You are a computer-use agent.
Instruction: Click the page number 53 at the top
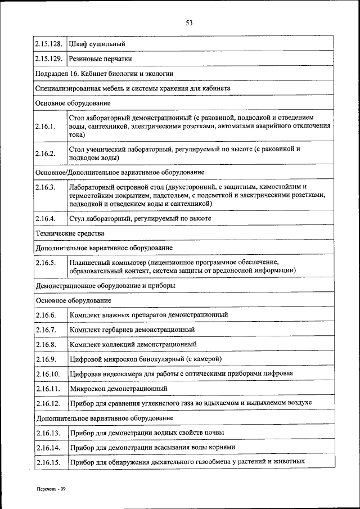tap(189, 23)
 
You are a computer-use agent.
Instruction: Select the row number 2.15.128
tap(48, 43)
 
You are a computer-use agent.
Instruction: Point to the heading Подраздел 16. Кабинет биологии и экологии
tap(104, 73)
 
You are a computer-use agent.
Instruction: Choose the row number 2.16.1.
tap(45, 127)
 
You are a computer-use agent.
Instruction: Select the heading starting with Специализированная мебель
tap(133, 88)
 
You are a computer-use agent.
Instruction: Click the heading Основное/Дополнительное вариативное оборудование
tap(120, 172)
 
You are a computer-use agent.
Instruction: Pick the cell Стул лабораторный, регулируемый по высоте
tap(140, 218)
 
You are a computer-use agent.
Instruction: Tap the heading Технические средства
tap(70, 233)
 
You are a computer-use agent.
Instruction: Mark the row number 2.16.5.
tap(45, 262)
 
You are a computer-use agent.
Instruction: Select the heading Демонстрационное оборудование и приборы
tap(105, 286)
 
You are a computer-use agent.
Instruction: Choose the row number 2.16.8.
tap(45, 344)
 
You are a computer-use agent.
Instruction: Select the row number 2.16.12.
tap(47, 403)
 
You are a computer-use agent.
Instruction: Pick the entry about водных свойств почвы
tap(147, 433)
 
